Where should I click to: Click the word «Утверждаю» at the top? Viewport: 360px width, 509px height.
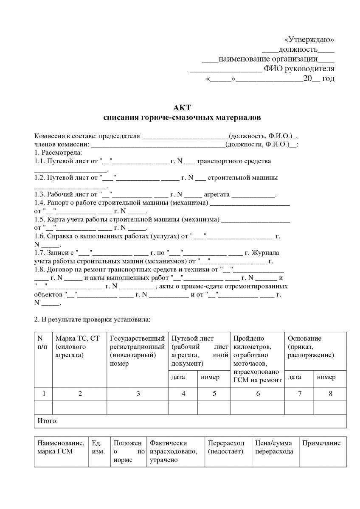pyautogui.click(x=309, y=39)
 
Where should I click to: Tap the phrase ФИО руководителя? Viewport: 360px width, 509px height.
pyautogui.click(x=299, y=69)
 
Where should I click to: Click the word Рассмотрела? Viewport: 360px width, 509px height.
pyautogui.click(x=62, y=152)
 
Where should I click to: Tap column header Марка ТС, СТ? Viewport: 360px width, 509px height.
pyautogui.click(x=78, y=338)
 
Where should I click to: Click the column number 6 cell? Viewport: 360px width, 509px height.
pyautogui.click(x=257, y=394)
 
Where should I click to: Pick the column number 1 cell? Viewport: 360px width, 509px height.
pyautogui.click(x=43, y=394)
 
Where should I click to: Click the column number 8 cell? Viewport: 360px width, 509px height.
pyautogui.click(x=330, y=394)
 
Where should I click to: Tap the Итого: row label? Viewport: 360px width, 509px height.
pyautogui.click(x=48, y=421)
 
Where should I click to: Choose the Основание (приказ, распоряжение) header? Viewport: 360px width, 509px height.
pyautogui.click(x=310, y=347)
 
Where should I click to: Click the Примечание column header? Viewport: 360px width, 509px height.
pyautogui.click(x=321, y=443)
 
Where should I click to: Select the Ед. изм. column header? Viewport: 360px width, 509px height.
pyautogui.click(x=98, y=447)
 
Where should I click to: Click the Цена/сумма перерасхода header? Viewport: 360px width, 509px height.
pyautogui.click(x=274, y=447)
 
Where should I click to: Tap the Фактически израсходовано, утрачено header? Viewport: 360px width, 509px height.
pyautogui.click(x=173, y=451)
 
